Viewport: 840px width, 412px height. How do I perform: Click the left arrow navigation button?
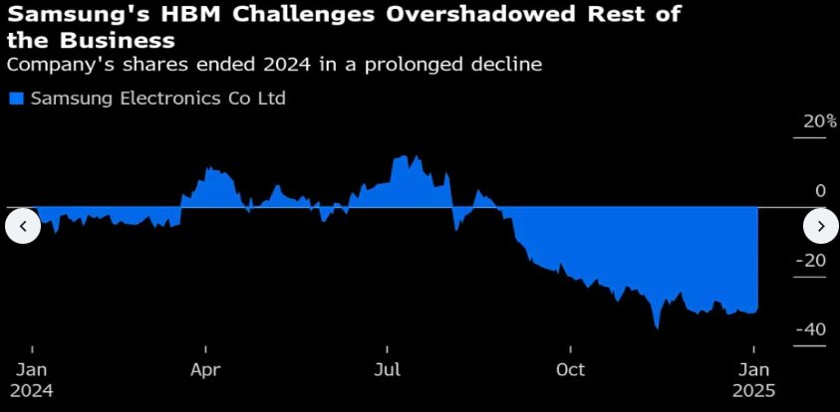23,227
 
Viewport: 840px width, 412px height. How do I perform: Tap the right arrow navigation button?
821,227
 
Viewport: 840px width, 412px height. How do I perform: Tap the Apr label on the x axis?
205,370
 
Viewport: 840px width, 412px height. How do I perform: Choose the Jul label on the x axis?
388,370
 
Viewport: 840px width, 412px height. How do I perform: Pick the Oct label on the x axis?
570,370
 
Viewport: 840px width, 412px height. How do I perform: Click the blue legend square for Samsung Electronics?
15,99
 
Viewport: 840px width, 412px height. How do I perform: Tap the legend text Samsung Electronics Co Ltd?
157,99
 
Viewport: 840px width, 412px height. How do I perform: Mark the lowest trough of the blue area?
658,326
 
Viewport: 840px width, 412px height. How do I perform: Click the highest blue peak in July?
402,156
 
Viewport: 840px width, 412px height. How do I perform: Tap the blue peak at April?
209,167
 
